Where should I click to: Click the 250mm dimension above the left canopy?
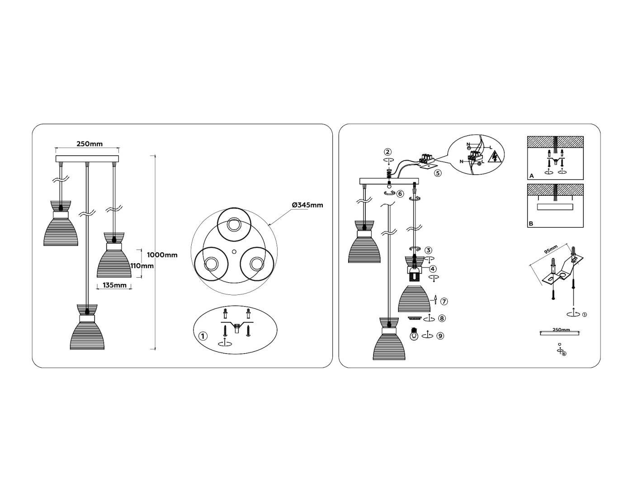89,144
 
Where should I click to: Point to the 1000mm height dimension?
162,255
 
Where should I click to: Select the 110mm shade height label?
142,266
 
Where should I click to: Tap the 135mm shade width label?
114,285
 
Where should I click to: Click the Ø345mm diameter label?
307,205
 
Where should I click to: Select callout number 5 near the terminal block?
437,173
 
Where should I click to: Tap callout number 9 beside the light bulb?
440,336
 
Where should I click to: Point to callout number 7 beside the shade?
444,301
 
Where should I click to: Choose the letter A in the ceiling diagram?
532,176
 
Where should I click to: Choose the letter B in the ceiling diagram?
531,223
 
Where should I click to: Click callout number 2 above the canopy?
387,151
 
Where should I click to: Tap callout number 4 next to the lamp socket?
433,269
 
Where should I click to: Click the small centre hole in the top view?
234,252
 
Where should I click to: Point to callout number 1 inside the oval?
203,336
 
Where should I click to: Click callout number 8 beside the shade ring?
442,318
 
